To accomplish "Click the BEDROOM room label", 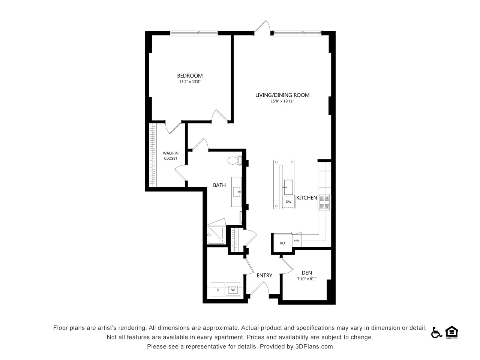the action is point(190,76).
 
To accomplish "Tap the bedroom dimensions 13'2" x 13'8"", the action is point(190,82).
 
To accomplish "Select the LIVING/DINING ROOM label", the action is point(282,95).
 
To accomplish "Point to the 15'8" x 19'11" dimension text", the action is point(282,101).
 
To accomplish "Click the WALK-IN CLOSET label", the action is point(171,156).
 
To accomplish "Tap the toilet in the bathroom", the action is point(235,160).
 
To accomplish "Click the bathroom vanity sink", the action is point(237,192).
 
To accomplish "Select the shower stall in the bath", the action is point(216,234).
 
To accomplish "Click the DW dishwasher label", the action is point(288,202).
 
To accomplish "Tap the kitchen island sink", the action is point(288,187).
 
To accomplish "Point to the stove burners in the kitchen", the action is point(324,202).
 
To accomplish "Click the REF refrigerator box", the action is point(283,243).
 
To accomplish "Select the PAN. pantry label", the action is point(297,240).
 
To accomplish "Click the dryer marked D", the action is point(218,290).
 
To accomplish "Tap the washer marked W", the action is point(233,290).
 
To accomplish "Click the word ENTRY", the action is point(264,275).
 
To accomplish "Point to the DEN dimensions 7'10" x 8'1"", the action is point(307,279).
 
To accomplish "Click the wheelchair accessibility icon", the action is point(436,333).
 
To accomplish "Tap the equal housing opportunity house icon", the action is point(452,332).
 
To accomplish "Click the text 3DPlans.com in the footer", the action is point(314,346).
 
